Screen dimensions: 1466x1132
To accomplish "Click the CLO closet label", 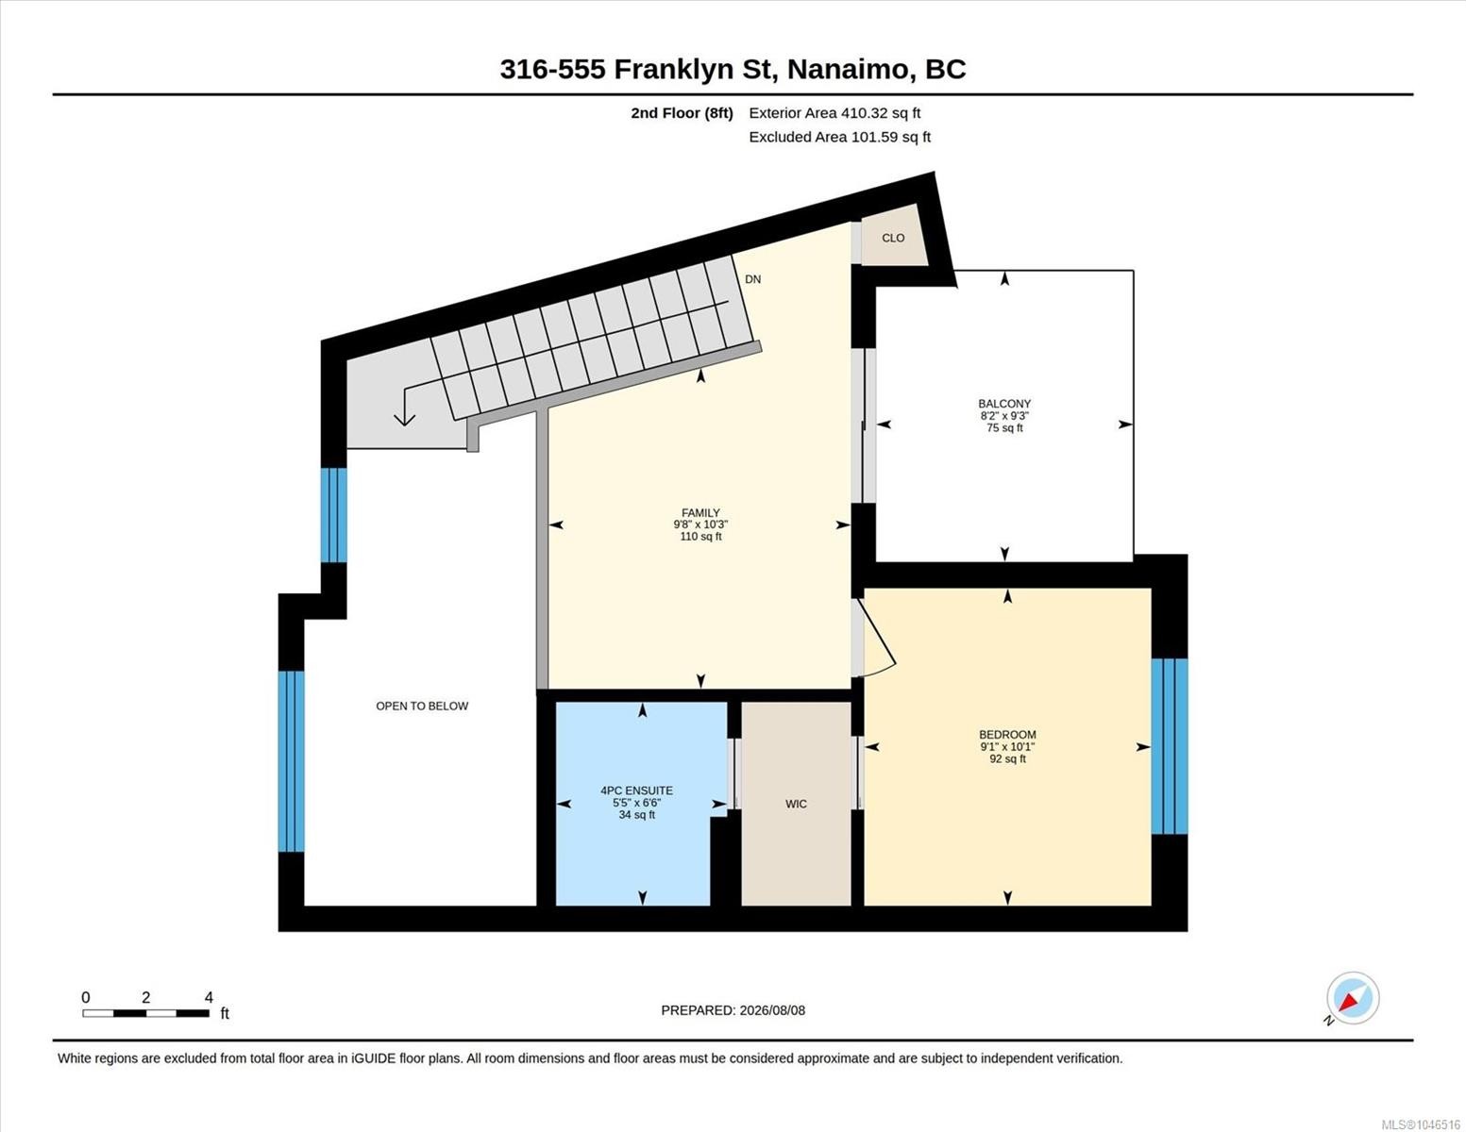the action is point(893,238).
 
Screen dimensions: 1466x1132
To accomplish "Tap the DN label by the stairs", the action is point(753,279).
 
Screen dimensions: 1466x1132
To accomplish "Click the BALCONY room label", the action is point(1004,404).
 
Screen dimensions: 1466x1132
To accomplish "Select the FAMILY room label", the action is point(701,513).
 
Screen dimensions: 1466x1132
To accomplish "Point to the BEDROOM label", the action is point(1007,735).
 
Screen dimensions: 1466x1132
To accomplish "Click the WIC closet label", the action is point(796,804).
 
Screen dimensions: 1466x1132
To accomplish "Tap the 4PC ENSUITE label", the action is point(637,791).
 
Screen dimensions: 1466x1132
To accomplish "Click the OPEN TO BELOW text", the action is point(422,706).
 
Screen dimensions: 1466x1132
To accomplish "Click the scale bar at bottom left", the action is point(145,1013).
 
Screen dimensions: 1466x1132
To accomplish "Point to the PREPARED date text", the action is point(733,1010).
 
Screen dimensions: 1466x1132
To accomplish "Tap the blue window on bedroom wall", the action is point(1170,746).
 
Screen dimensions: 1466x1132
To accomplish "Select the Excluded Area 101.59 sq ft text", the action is point(839,137).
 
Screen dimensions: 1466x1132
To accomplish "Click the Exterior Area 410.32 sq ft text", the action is point(834,113).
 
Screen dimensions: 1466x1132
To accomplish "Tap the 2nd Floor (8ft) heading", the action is point(682,113).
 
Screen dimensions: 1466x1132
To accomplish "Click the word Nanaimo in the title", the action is point(849,70).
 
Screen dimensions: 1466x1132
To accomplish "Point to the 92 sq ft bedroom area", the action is point(1007,758).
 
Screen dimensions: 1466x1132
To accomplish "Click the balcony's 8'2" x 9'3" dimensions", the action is point(1004,416).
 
